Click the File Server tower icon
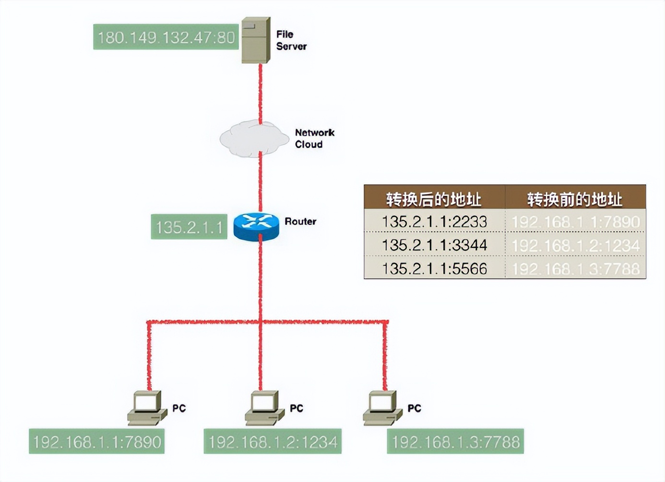(x=256, y=40)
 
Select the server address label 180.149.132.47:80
(x=166, y=37)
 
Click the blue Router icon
(x=256, y=226)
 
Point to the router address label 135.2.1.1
(x=189, y=227)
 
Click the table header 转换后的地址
(x=434, y=198)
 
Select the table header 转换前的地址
(x=575, y=198)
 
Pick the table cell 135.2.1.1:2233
(x=434, y=221)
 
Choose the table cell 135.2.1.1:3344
(x=434, y=245)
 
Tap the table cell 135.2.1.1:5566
(x=434, y=268)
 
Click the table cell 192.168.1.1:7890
(x=575, y=221)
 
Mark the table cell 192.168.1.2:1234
(x=575, y=245)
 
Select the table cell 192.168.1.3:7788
(x=575, y=268)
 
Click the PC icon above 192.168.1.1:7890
(x=147, y=408)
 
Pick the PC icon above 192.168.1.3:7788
(x=382, y=408)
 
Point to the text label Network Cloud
(x=314, y=138)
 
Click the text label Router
(x=300, y=221)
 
